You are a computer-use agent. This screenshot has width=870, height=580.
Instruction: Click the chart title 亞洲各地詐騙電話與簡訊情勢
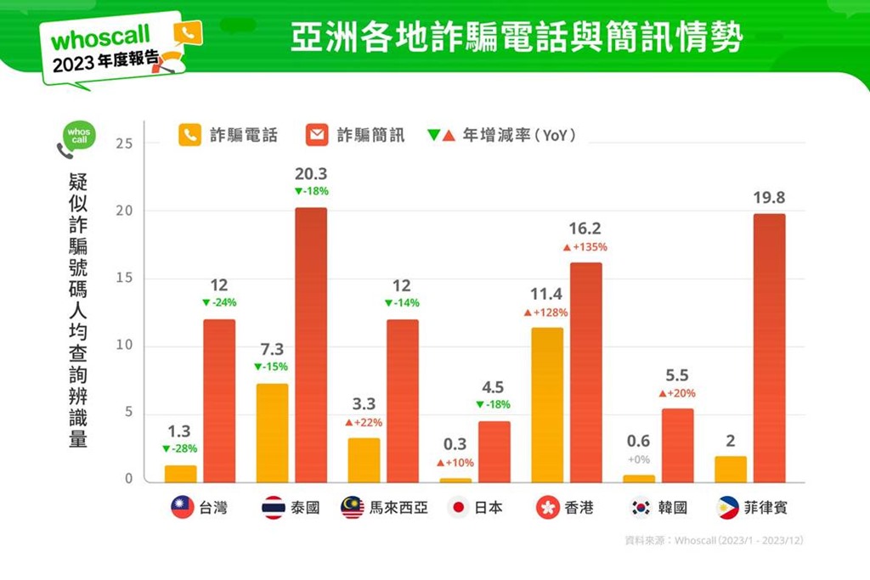point(517,37)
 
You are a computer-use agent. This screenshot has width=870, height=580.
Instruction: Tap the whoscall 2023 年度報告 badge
point(115,48)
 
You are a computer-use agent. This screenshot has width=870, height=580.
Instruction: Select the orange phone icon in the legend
point(190,135)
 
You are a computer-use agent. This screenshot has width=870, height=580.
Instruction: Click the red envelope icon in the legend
point(317,135)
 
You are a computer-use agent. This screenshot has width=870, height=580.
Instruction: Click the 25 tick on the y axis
point(124,144)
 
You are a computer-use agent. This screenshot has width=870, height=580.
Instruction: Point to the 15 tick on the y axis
point(124,279)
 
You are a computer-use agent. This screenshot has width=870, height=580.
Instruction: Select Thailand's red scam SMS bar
point(310,345)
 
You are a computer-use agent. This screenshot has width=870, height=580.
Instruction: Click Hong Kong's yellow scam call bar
point(547,405)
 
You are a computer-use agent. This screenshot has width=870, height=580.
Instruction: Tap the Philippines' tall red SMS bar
point(769,348)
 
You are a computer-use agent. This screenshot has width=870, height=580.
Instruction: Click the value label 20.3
point(311,174)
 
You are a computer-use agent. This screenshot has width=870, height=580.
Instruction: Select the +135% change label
point(585,247)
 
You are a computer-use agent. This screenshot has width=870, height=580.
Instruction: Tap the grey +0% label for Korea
point(639,459)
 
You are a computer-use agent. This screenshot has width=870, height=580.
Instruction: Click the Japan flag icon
point(459,508)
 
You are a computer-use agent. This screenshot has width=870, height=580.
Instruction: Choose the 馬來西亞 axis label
point(398,508)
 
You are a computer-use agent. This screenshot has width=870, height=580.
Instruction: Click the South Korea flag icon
point(640,508)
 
